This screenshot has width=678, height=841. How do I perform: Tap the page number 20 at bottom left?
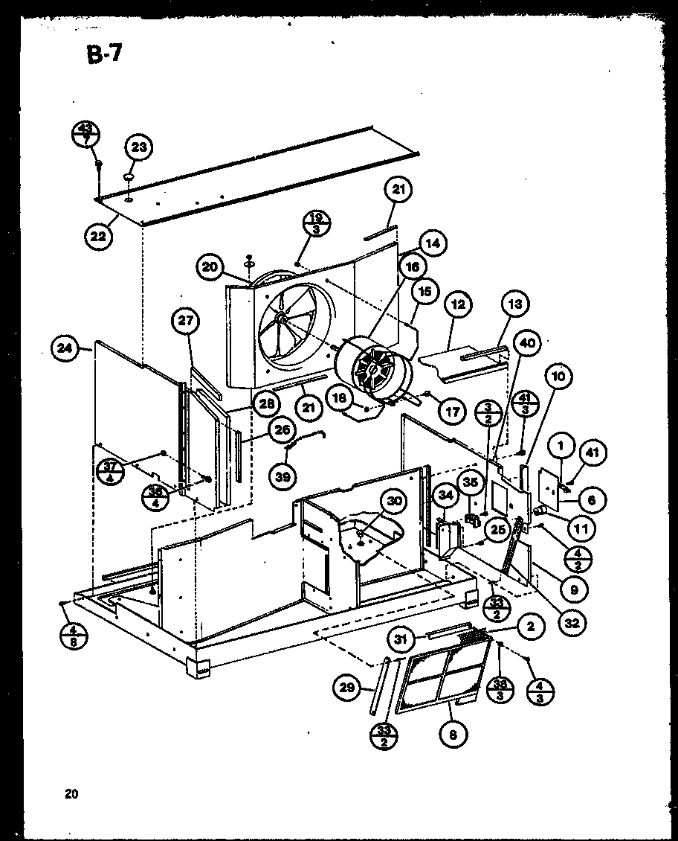click(x=71, y=793)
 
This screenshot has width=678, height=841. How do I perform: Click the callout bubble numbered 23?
click(x=138, y=147)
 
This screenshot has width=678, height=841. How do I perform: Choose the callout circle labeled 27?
click(x=184, y=322)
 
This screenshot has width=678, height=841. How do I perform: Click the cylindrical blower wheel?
click(x=374, y=371)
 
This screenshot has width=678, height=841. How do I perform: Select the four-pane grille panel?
click(x=442, y=679)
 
